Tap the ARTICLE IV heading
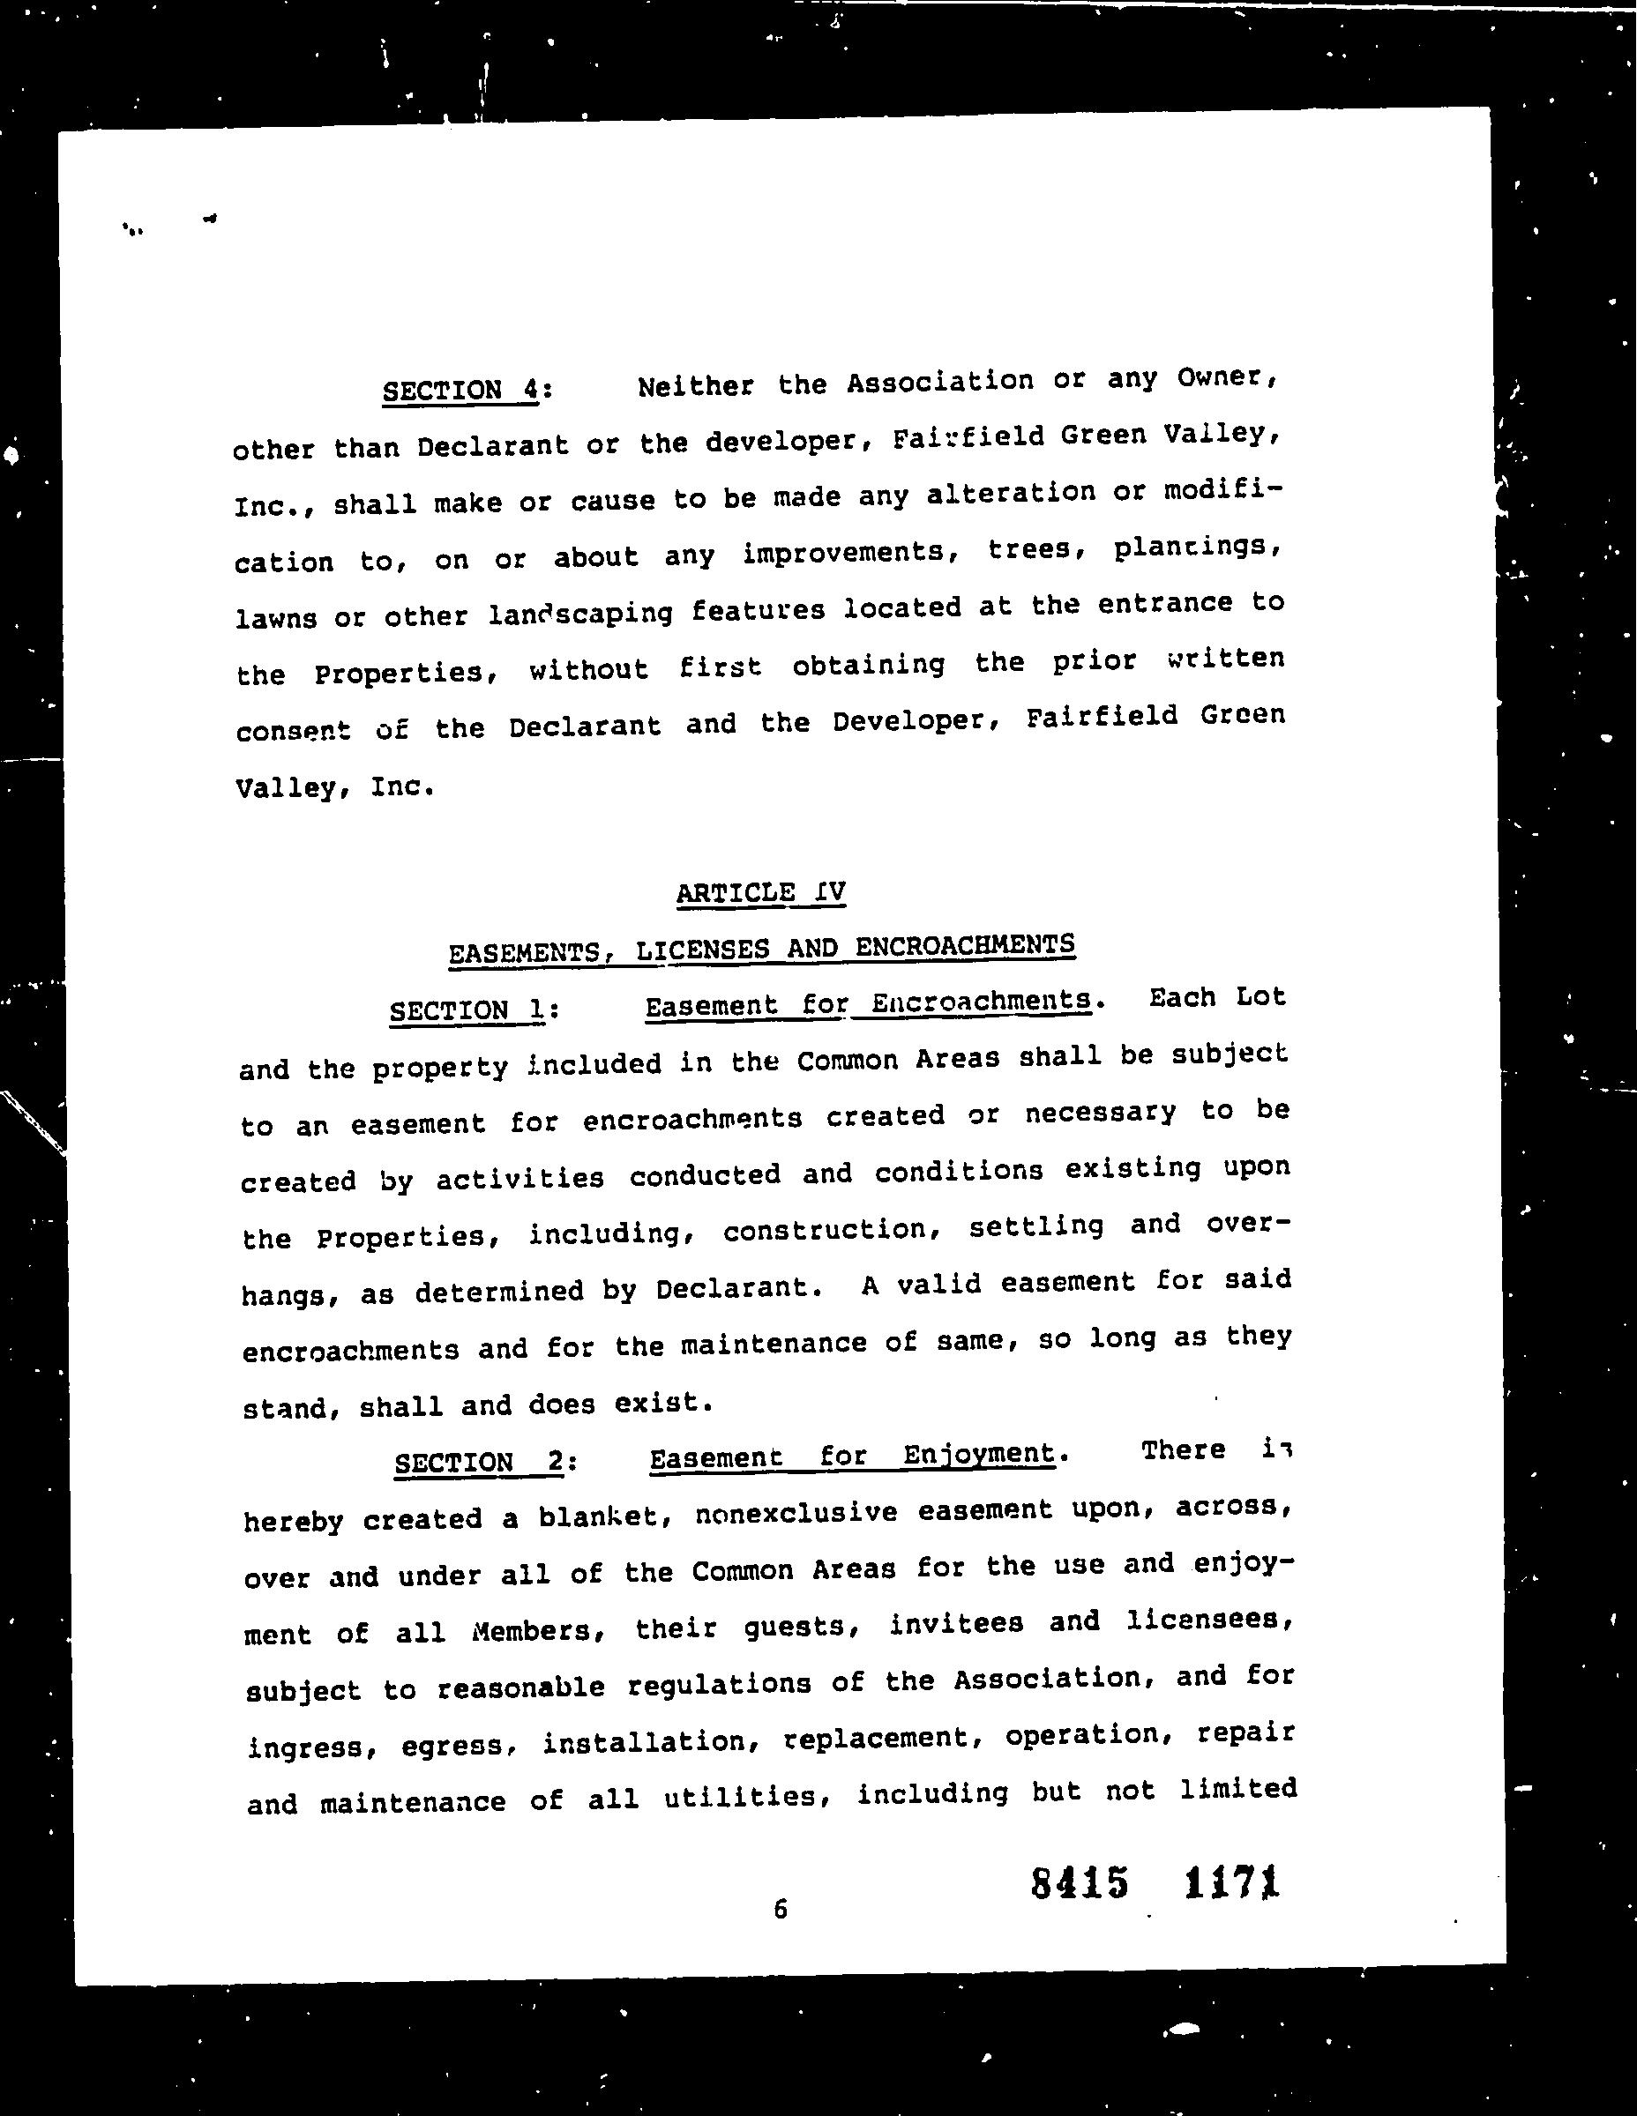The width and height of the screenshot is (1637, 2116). (x=761, y=891)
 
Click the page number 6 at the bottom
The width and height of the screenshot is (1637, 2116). (x=781, y=1909)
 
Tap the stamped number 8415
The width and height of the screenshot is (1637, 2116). (x=1080, y=1883)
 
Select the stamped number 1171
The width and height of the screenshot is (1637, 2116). (x=1232, y=1882)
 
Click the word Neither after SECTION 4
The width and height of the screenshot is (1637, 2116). (x=695, y=385)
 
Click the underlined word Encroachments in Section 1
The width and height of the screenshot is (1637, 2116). (x=981, y=1002)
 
